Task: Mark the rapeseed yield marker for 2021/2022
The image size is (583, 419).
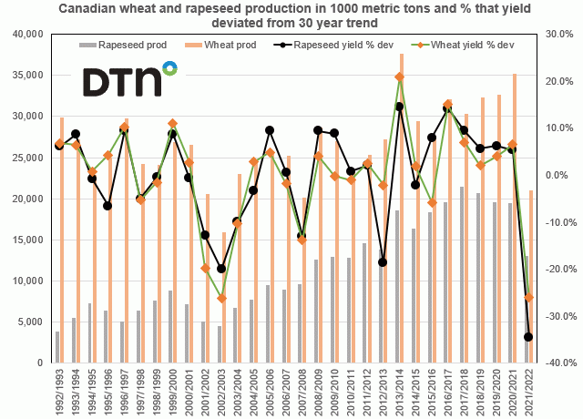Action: pos(529,337)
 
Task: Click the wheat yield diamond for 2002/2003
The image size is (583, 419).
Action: pos(221,298)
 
